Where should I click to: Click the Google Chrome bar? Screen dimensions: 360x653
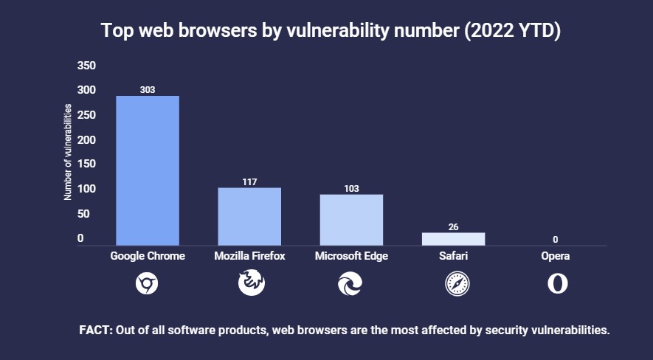148,170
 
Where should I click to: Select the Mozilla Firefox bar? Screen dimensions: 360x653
249,216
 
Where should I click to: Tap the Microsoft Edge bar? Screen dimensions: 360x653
351,219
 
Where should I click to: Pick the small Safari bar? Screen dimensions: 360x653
453,238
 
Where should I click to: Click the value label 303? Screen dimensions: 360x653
148,90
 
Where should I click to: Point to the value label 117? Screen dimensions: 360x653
249,181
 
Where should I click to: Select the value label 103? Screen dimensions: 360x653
351,188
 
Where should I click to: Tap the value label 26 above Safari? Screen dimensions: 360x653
453,226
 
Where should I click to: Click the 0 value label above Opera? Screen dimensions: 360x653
555,239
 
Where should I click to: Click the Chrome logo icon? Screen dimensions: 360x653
148,283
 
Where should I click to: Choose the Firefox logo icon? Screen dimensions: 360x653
249,283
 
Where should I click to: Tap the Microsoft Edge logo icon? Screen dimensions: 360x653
351,283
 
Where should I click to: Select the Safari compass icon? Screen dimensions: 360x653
453,283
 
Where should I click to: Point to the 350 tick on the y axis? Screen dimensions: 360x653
86,66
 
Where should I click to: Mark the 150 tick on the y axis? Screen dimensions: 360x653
86,165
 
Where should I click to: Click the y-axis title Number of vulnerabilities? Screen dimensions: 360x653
67,152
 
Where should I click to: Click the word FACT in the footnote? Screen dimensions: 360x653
95,330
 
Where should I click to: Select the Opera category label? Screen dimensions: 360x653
555,256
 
